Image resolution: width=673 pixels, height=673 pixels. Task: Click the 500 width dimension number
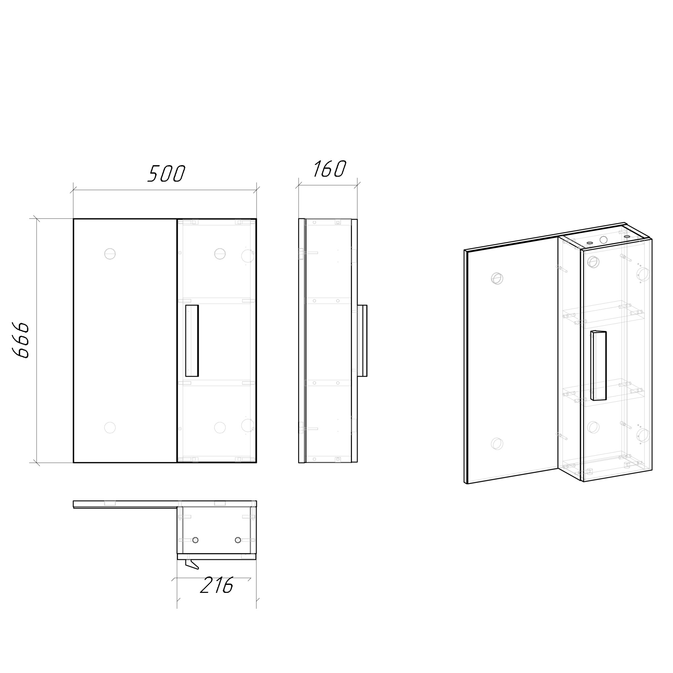[166, 174]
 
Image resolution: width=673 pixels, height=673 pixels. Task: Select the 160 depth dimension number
[329, 169]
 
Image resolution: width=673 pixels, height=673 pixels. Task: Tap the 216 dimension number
[216, 585]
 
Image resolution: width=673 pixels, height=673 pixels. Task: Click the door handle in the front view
[192, 341]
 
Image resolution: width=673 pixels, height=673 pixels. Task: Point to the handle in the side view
[362, 341]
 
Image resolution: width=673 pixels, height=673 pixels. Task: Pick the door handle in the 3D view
[598, 365]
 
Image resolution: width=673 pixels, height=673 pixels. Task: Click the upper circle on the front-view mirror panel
[110, 254]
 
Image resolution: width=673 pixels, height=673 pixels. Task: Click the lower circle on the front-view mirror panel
[110, 427]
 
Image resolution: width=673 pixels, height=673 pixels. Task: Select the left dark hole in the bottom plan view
[196, 540]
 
